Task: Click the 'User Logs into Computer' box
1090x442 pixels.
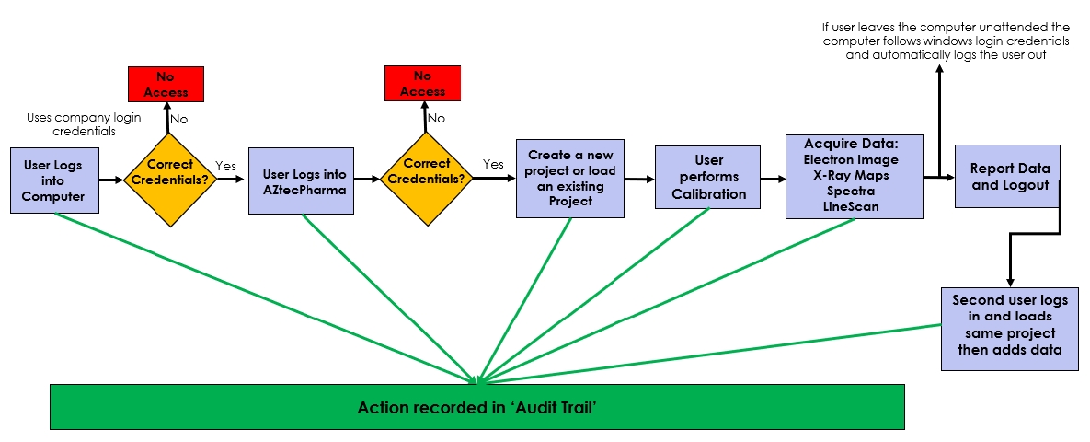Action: pos(52,180)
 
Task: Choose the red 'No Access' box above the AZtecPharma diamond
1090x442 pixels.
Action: pos(422,84)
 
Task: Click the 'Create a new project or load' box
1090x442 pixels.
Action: pos(570,179)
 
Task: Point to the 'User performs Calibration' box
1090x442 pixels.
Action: pos(707,178)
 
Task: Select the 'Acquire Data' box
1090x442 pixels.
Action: pos(854,176)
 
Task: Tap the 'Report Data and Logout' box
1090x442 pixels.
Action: pos(1007,176)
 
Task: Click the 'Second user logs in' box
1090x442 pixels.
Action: pos(1009,330)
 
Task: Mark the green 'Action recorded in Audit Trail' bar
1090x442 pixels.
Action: pos(477,407)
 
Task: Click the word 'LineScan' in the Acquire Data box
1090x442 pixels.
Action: pos(851,207)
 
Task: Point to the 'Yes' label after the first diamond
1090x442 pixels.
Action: pos(226,166)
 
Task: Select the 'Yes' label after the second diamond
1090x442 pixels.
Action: pos(493,164)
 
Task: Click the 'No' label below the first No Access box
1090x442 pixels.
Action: pos(180,119)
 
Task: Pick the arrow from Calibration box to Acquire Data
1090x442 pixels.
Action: pos(774,180)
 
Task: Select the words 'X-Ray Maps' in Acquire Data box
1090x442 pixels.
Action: pos(851,175)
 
